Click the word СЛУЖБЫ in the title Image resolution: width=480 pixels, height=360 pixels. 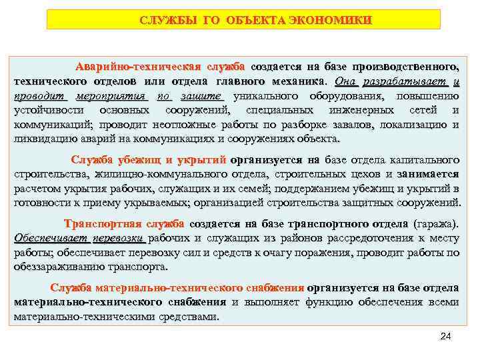(165, 20)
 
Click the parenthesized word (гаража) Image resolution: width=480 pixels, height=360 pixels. (437, 224)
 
